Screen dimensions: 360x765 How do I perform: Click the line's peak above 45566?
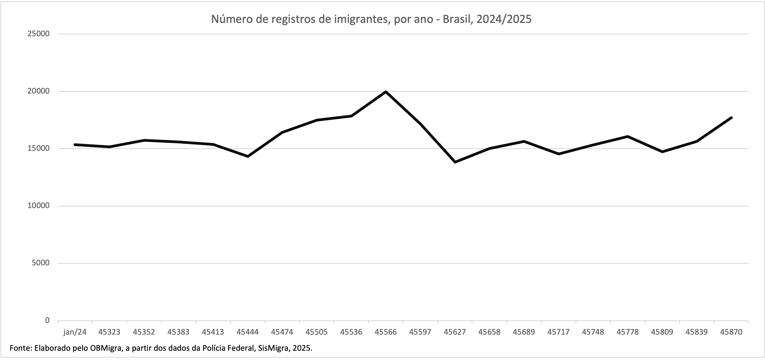386,92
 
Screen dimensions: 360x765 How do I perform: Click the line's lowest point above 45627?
455,162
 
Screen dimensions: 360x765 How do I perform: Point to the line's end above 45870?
731,118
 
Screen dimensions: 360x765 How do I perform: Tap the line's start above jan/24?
75,145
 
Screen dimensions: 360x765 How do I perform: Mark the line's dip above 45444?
248,156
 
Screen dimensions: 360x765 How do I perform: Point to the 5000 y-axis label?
41,263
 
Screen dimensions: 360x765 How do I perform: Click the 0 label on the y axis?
47,320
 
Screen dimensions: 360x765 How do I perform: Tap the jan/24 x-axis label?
75,332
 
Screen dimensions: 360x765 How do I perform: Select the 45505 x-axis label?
317,332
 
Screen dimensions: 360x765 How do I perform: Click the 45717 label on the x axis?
558,332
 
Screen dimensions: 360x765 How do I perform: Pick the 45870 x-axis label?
731,332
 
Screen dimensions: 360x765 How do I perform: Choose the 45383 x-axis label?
178,332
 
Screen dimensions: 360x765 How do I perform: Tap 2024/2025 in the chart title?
504,19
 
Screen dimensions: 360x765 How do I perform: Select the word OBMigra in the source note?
106,348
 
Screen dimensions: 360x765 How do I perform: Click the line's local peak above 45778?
628,137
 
